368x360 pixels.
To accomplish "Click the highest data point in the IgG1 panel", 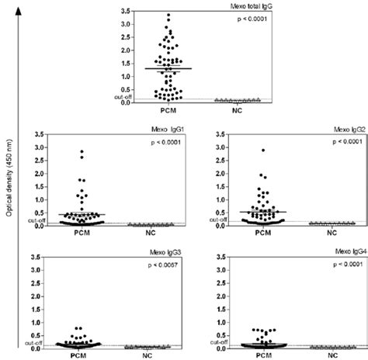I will pos(81,151).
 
